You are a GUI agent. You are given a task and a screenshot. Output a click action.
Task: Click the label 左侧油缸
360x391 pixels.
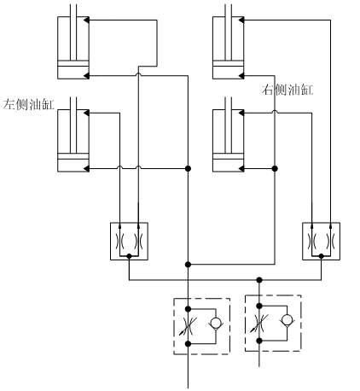(28, 104)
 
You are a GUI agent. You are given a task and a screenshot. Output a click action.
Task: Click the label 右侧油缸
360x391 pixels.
(287, 90)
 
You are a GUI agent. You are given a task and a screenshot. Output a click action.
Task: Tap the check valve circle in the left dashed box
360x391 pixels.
(216, 323)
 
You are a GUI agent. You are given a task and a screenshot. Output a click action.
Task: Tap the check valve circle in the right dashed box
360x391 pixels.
(287, 319)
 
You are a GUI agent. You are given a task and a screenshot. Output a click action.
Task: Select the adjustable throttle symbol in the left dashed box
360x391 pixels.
(188, 326)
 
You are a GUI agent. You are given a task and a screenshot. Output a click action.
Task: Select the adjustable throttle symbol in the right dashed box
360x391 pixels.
(259, 323)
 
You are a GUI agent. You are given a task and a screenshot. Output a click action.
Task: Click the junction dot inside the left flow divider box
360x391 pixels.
(129, 256)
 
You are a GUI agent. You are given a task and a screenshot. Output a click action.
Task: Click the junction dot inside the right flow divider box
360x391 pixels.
(321, 256)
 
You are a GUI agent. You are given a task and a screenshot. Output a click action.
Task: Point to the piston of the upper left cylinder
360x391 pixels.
(73, 63)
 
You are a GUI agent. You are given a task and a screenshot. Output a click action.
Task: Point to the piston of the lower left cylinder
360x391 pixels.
(73, 156)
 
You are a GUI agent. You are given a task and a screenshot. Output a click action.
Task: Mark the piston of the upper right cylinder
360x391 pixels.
(229, 63)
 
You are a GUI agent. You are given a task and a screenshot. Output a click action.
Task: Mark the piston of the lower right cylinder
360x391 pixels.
(229, 156)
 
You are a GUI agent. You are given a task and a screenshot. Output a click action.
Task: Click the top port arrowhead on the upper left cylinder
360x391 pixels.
(86, 20)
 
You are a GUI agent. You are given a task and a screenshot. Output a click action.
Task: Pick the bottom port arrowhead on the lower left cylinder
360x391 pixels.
(86, 168)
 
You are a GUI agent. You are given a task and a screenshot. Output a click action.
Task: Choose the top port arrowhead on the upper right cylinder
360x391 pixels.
(241, 20)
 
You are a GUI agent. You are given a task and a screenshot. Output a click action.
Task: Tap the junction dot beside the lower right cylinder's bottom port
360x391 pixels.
(275, 168)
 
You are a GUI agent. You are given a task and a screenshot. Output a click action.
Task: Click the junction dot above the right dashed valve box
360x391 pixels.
(259, 280)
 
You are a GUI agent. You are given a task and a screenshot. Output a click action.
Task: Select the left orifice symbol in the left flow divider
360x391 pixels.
(119, 242)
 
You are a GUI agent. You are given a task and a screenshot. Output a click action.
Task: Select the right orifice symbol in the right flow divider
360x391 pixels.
(330, 242)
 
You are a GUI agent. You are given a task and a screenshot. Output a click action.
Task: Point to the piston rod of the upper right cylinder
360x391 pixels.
(229, 32)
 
